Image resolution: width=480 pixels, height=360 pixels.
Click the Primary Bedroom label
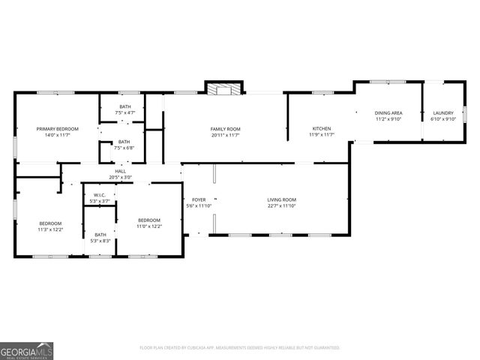tap(58, 129)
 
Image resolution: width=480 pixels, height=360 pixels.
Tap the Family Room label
tap(225, 129)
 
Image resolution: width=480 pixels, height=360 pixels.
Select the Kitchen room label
tap(322, 129)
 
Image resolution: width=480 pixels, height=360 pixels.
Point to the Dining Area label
tap(388, 112)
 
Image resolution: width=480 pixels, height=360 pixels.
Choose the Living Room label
tap(282, 199)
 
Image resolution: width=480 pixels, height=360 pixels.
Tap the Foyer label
tap(199, 199)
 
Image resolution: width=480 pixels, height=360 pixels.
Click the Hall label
tap(120, 171)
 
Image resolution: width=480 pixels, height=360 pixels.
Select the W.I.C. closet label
tap(100, 195)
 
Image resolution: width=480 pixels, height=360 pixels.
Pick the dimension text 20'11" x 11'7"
tap(225, 136)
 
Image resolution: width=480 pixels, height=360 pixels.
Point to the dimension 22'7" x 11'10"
tap(282, 206)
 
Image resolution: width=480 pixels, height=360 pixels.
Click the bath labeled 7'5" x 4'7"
tap(124, 109)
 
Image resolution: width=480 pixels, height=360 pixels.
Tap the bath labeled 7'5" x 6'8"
tap(124, 145)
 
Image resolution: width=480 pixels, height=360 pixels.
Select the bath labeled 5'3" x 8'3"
tap(100, 237)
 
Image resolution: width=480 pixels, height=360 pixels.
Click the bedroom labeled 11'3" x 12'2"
tap(51, 226)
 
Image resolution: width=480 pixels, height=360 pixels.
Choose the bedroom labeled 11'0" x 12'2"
tap(148, 223)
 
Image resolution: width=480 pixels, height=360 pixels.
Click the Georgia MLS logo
tap(27, 350)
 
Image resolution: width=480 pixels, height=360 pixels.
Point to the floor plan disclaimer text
tap(240, 348)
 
